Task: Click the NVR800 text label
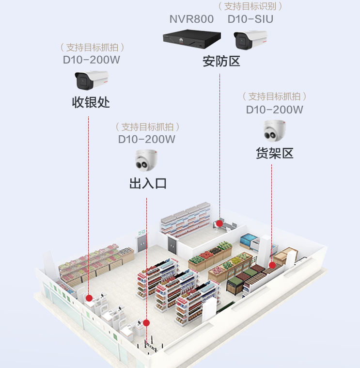pos(191,19)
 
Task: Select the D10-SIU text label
pos(250,19)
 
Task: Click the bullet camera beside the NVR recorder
pos(250,40)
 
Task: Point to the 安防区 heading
pos(221,62)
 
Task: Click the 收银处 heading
pos(91,103)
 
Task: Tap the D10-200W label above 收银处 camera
pos(92,60)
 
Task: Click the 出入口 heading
pos(148,183)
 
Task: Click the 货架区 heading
pos(275,154)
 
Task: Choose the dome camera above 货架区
pos(275,130)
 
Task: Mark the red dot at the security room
pos(219,224)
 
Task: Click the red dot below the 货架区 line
pos(272,265)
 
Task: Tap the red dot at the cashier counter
pos(89,298)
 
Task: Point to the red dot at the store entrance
pos(146,322)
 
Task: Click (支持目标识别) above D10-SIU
pos(250,6)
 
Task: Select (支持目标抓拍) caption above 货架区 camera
pos(275,96)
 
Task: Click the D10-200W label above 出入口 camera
pos(147,139)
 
